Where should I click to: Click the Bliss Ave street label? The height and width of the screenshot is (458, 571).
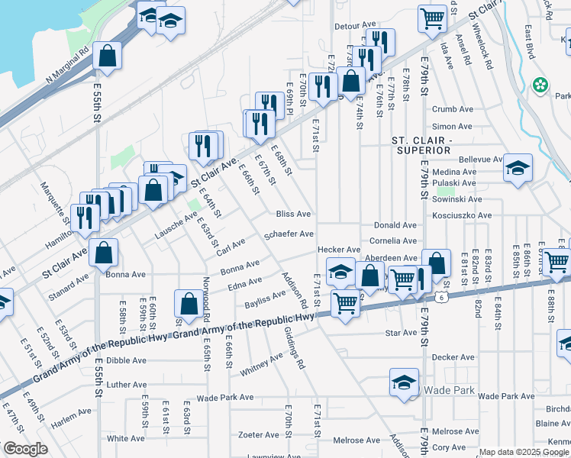294,214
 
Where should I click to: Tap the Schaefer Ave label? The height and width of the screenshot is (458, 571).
289,234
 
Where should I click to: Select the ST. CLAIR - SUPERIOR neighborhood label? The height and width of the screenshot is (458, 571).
422,146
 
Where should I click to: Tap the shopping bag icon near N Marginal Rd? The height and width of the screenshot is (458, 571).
108,56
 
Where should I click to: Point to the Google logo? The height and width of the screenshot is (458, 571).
25,449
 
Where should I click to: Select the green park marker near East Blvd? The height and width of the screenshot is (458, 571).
540,84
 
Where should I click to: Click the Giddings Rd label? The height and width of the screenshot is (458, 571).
293,349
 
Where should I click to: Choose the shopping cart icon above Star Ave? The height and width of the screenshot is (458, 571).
345,303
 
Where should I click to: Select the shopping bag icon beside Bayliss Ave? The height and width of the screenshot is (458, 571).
189,303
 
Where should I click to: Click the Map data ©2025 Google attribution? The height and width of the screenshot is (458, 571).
524,452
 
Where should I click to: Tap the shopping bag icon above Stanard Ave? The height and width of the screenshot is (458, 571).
103,252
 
